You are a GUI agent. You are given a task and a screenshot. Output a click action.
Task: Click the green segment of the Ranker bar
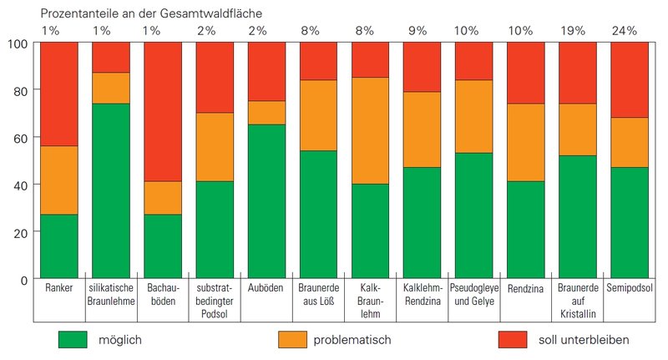[x=58, y=246]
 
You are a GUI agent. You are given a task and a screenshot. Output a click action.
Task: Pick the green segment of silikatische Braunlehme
[x=111, y=190]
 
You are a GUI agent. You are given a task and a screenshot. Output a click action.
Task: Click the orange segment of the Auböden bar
[x=266, y=113]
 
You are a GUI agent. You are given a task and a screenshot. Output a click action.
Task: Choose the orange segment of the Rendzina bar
[x=527, y=142]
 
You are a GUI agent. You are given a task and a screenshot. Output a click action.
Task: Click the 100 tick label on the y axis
[x=18, y=43]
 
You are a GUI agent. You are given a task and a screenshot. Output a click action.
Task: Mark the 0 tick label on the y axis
[x=23, y=279]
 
